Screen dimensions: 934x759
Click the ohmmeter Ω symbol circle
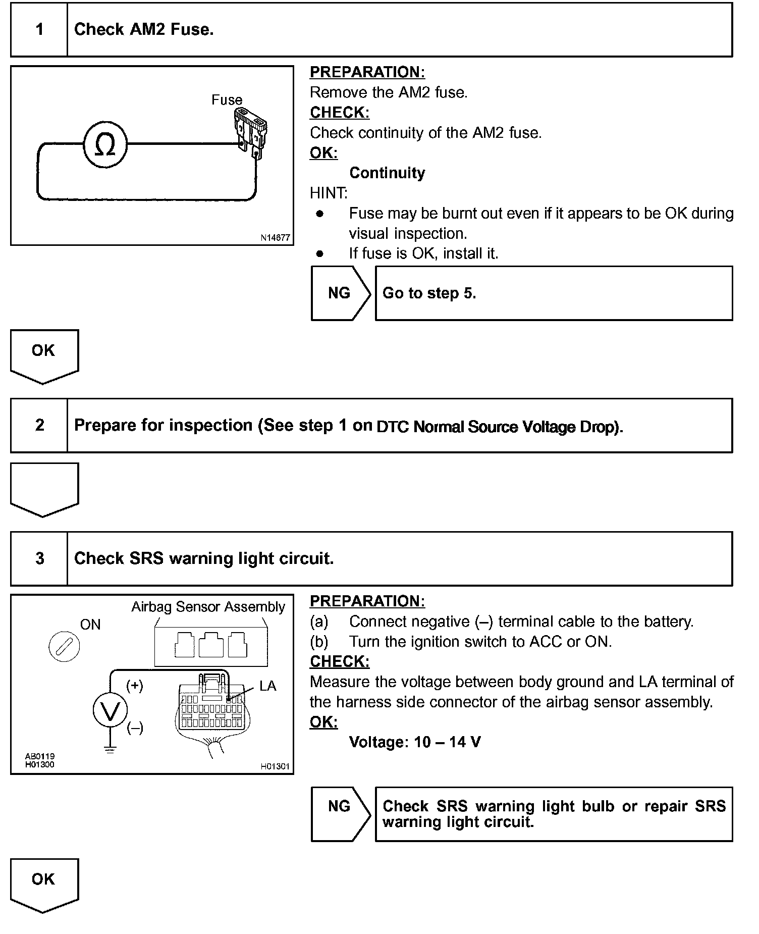[x=105, y=145]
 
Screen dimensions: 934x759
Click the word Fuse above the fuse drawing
[x=227, y=100]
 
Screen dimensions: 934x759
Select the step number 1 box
[x=39, y=29]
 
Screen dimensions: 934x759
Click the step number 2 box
[x=39, y=425]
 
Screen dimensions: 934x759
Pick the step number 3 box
[x=39, y=558]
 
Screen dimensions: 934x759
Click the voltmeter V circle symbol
[x=110, y=710]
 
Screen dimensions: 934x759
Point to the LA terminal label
[x=267, y=686]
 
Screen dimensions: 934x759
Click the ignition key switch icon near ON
[x=64, y=647]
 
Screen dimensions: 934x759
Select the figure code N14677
[x=275, y=238]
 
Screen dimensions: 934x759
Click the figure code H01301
[x=275, y=766]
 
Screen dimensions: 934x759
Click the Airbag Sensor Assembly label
[x=208, y=606]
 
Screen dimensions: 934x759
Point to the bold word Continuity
[x=387, y=173]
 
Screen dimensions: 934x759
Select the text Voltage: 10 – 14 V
[x=415, y=742]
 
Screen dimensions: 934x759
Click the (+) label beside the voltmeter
[x=135, y=685]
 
